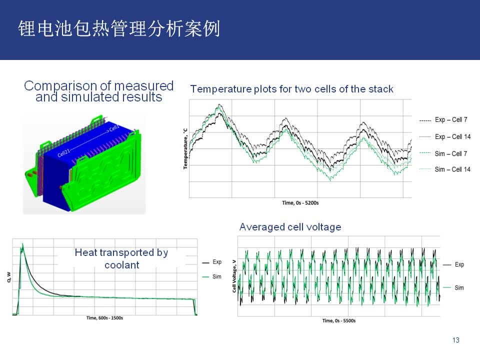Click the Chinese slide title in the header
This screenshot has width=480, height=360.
click(x=119, y=29)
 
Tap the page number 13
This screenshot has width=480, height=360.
click(x=456, y=340)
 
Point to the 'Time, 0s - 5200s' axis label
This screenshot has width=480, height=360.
click(x=300, y=202)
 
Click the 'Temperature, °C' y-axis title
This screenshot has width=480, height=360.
click(x=185, y=148)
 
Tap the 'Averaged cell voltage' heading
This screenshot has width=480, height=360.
click(x=290, y=227)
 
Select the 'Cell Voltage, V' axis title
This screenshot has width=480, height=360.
click(x=234, y=276)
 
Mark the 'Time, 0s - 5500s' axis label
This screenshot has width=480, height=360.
click(x=339, y=320)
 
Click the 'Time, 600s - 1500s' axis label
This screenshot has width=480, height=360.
click(x=104, y=318)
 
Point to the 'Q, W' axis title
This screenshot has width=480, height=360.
click(x=8, y=277)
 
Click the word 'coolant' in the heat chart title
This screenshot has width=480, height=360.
click(x=122, y=265)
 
